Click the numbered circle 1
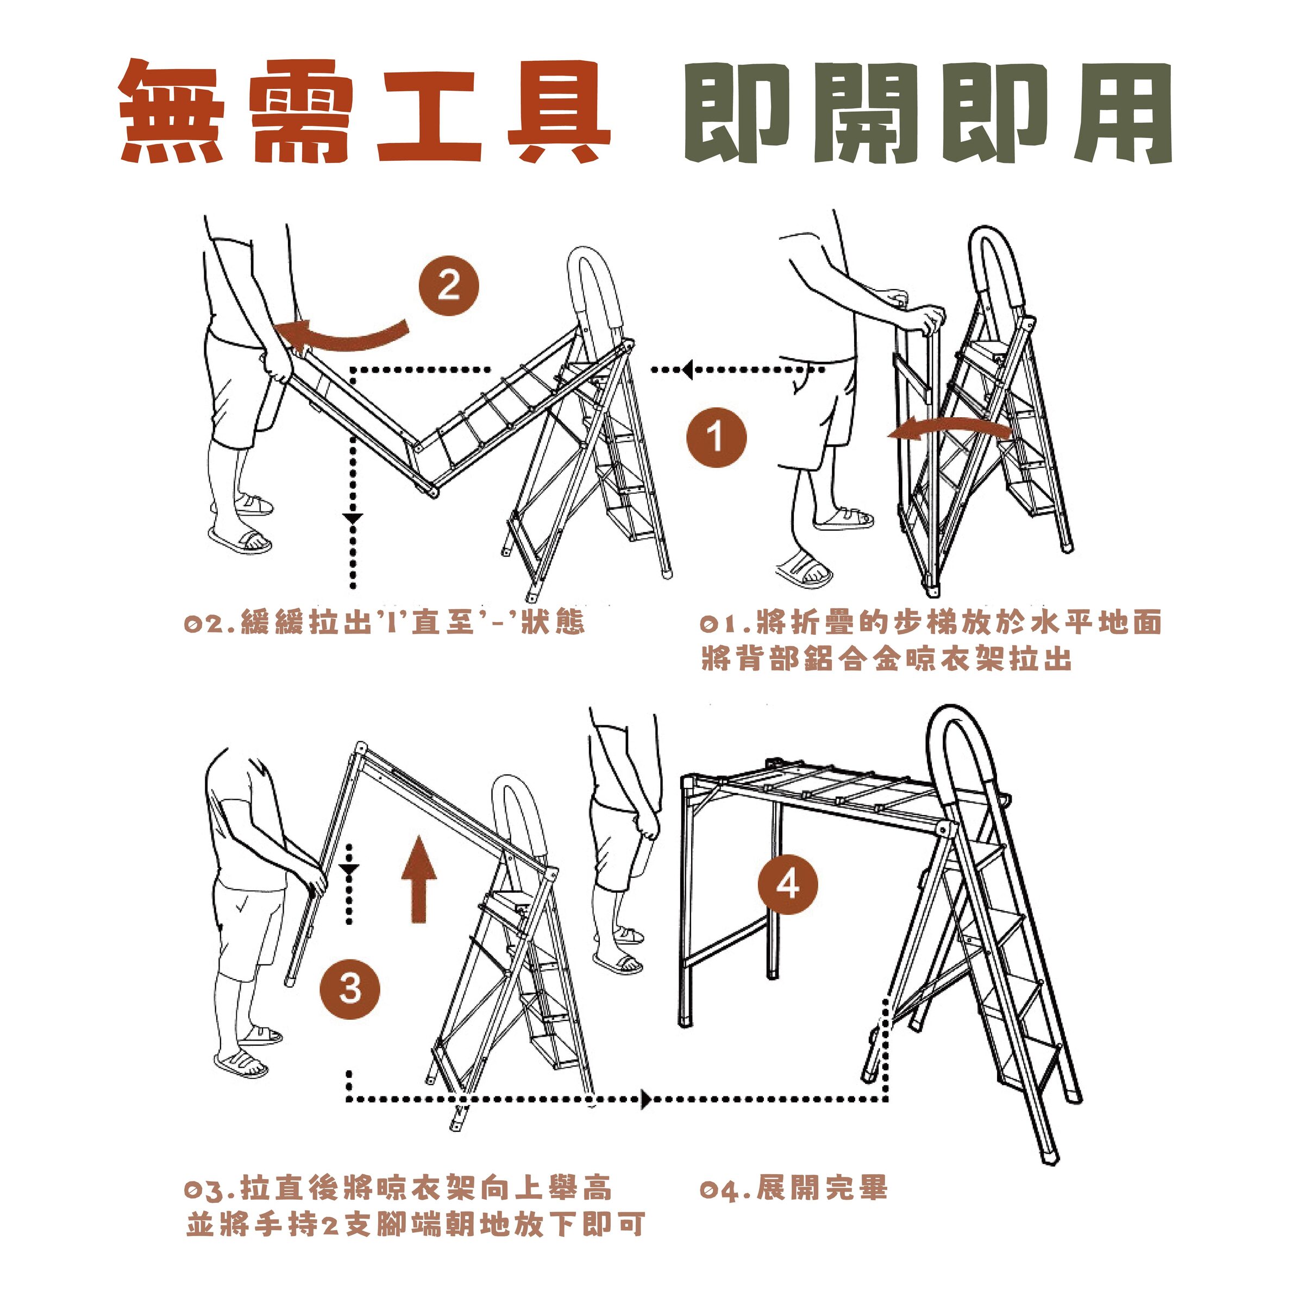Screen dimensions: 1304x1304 pos(716,437)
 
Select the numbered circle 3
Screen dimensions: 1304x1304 pos(349,989)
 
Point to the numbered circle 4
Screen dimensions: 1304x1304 pos(788,884)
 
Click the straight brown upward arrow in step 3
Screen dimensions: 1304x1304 pos(418,880)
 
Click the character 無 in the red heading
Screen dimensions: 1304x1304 pos(172,111)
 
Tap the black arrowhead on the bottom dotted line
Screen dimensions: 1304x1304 pos(646,1100)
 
